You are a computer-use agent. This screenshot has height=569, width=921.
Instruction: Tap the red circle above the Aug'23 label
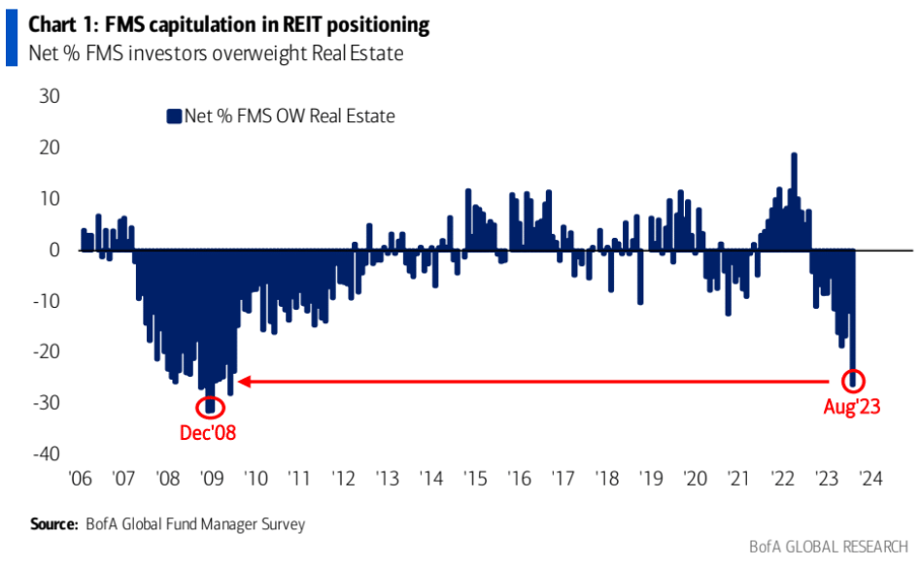coord(843,381)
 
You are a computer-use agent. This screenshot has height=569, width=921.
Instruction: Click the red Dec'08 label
coord(207,433)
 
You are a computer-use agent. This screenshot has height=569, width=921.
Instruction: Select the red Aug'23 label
coord(852,406)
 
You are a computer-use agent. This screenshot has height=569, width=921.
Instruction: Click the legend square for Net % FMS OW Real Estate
coord(174,117)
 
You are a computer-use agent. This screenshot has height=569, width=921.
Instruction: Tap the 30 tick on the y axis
coord(50,96)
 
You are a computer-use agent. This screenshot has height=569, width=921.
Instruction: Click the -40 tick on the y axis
coord(46,453)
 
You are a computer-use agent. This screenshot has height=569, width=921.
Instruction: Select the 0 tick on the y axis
coord(54,251)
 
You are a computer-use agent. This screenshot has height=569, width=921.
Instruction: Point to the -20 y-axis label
coord(46,351)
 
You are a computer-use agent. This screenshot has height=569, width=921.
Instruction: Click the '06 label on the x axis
coord(81,479)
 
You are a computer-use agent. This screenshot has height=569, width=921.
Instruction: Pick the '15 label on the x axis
coord(475,479)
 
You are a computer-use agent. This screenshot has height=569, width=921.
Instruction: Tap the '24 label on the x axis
coord(870,479)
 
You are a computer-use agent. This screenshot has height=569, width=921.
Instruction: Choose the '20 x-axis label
coord(695,479)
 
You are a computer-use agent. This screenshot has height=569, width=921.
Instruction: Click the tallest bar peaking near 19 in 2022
coord(794,201)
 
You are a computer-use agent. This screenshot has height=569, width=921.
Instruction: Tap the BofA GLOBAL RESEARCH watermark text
coord(829,548)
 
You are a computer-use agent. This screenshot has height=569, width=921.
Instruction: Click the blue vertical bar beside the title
coord(11,38)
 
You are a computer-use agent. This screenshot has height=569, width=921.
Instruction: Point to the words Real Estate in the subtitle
coord(358,53)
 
